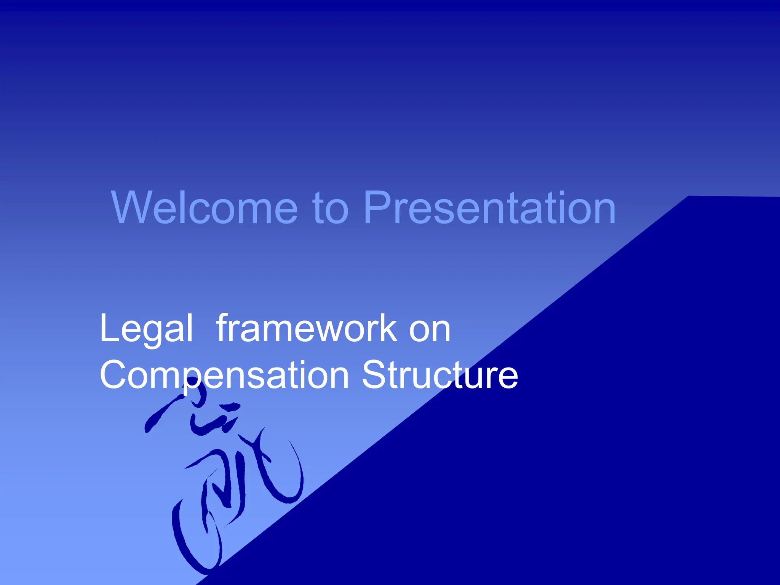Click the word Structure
click(x=440, y=375)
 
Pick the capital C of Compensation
click(x=115, y=375)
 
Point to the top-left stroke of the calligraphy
click(x=160, y=415)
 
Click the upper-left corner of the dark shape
click(x=689, y=197)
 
